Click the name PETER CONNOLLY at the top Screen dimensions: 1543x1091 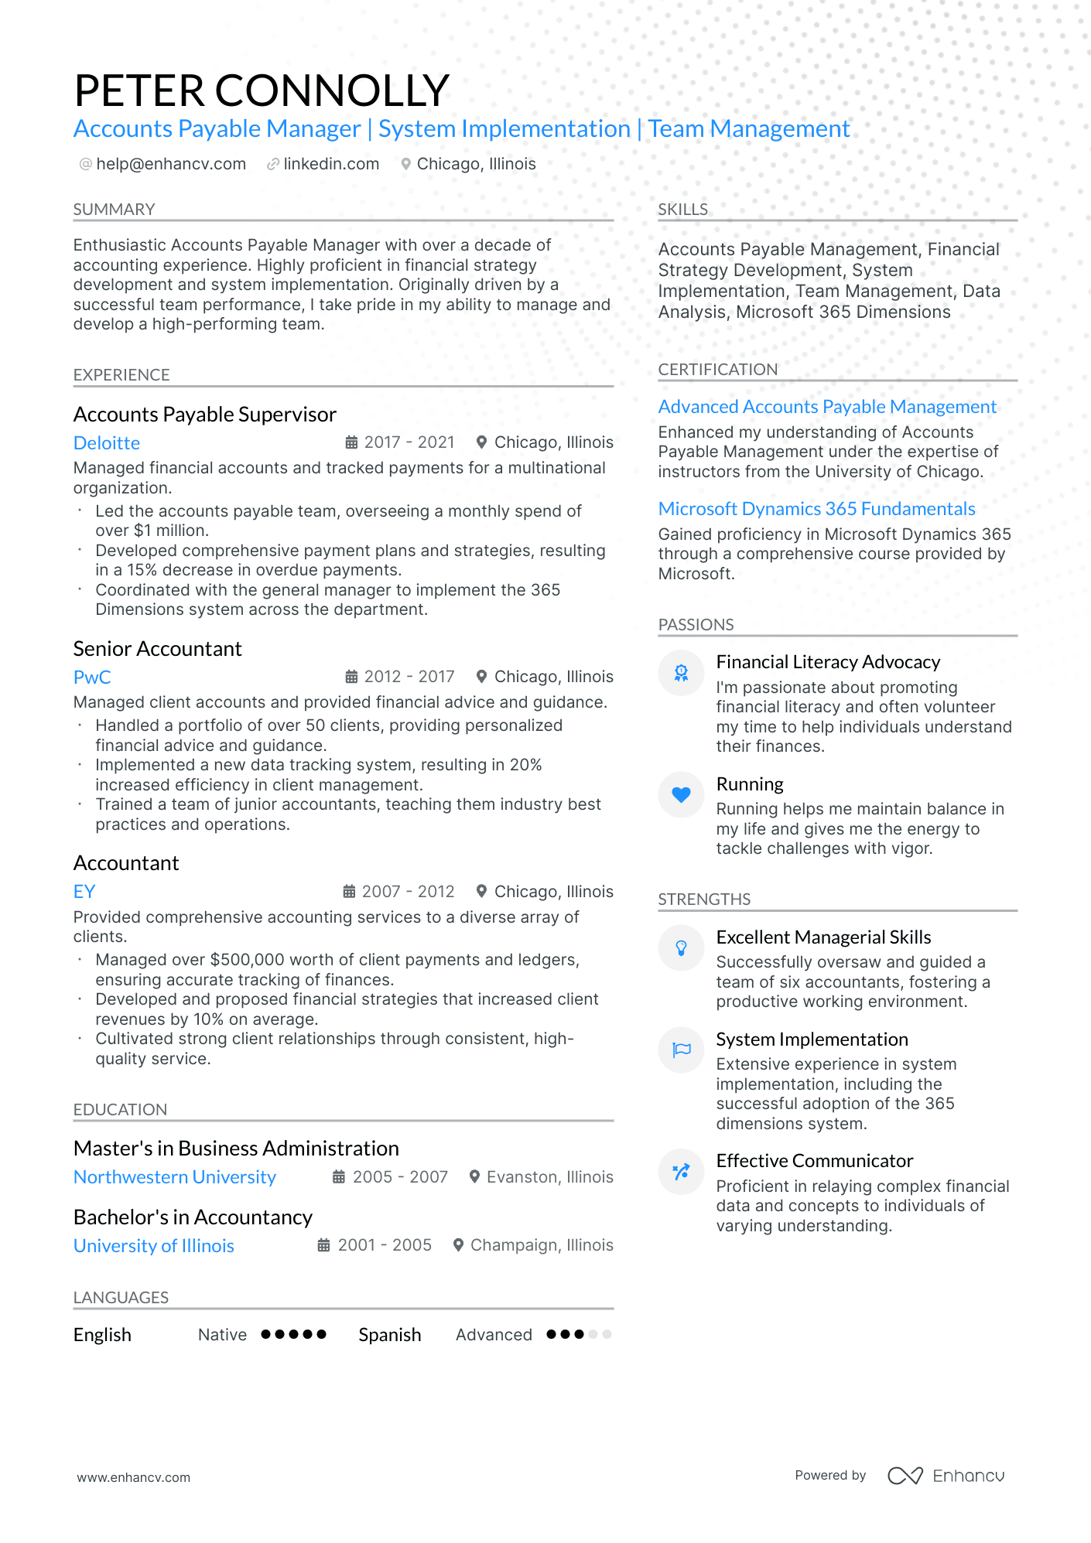262,90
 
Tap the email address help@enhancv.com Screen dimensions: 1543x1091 171,164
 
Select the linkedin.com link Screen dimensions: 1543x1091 331,164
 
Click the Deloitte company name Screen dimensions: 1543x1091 107,443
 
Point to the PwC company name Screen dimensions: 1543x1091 92,678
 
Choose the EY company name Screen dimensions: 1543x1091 84,892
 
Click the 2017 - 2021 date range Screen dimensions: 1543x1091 409,442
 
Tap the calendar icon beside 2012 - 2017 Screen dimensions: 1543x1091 351,677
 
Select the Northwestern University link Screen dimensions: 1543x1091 175,1177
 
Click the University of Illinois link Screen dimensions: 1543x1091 154,1246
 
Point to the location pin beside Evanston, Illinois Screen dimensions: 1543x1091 475,1177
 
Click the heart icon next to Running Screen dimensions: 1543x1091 681,794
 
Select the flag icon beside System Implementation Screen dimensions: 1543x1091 681,1050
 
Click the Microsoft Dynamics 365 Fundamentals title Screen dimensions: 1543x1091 816,509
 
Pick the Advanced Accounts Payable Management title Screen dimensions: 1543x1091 827,407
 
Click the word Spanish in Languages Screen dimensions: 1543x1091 390,1335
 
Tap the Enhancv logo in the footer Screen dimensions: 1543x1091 946,1476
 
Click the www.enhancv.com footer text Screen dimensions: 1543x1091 133,1477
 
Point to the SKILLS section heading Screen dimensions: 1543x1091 682,210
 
